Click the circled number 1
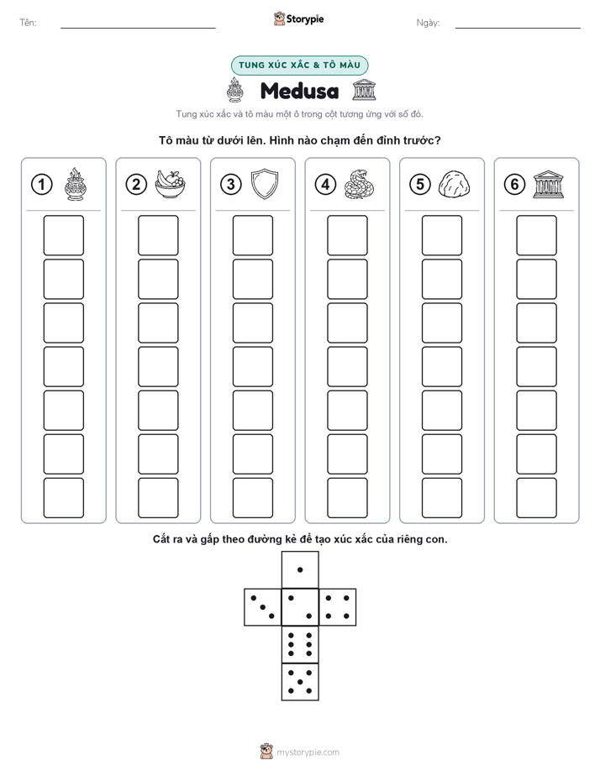41,185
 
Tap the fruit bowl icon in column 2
170,184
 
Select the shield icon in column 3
265,184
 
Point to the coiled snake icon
359,184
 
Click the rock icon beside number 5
454,185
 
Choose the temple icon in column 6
548,185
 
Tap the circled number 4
325,185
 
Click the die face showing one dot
300,569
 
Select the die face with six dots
300,644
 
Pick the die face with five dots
300,682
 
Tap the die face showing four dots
338,607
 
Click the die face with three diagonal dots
263,607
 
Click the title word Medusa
299,91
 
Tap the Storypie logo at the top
298,18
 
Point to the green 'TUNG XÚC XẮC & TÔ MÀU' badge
299,65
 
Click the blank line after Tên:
138,28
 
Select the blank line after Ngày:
518,28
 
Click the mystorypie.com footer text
308,752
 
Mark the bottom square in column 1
63,498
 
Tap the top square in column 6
537,235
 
